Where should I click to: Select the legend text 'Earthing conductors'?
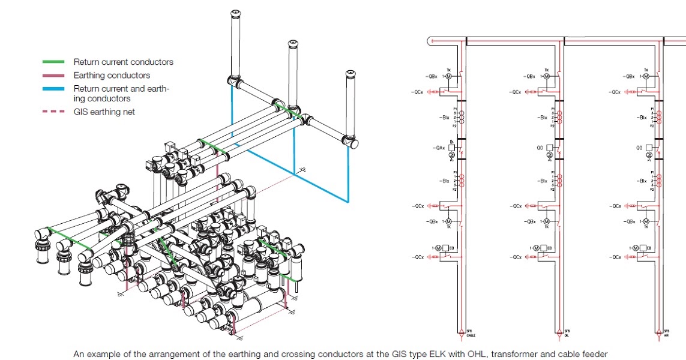(x=112, y=76)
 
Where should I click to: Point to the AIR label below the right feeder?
(x=667, y=335)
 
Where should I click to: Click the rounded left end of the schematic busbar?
(x=429, y=41)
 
